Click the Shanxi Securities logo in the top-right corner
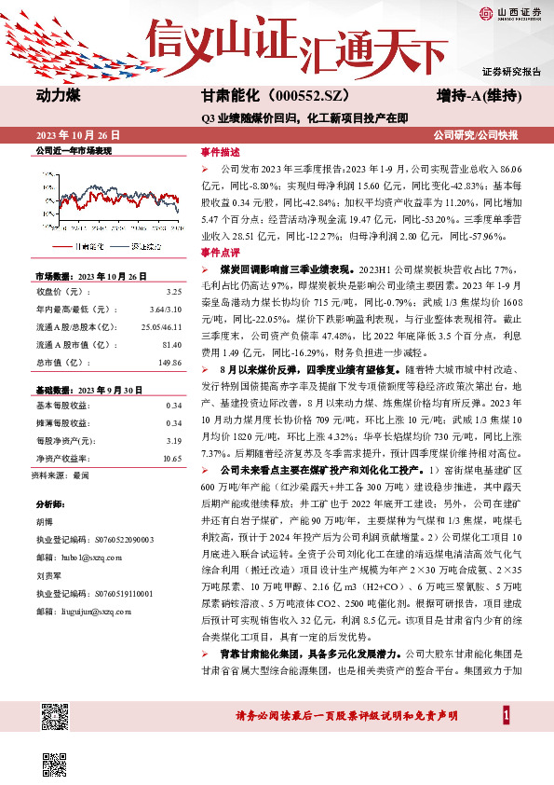tap(510, 12)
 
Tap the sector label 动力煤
tap(61, 97)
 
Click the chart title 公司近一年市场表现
tap(74, 150)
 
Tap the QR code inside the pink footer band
tap(57, 719)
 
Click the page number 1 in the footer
tap(507, 715)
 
